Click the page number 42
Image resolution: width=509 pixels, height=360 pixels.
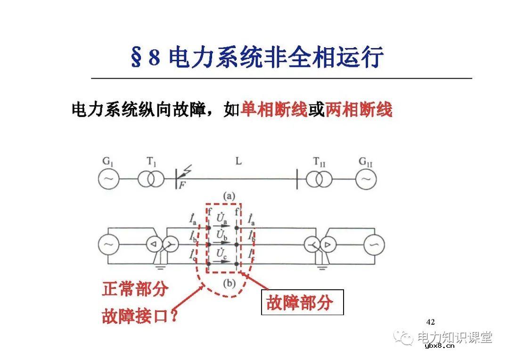tap(430, 322)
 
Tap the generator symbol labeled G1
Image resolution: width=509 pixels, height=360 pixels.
tap(109, 179)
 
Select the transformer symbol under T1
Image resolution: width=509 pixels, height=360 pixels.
tap(151, 179)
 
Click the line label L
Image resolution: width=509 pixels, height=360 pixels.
tap(238, 162)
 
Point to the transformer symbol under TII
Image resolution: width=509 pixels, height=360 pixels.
tap(319, 179)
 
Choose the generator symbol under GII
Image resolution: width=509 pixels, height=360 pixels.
tap(366, 179)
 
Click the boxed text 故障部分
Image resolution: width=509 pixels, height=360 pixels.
tap(302, 302)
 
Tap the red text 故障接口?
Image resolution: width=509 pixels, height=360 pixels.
tap(140, 316)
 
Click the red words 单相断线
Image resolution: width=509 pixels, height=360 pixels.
tap(274, 110)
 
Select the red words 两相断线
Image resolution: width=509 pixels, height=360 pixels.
tap(359, 110)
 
